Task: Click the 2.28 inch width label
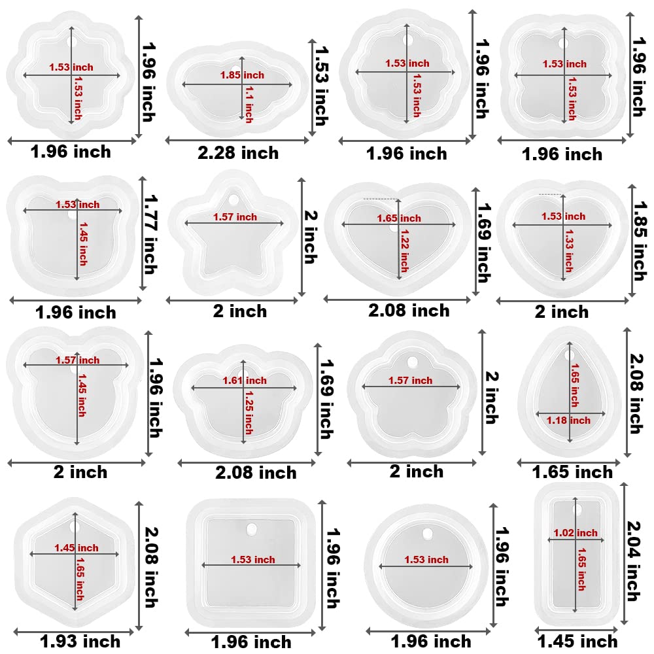(x=238, y=154)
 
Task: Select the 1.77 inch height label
(x=150, y=233)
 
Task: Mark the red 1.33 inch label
(x=568, y=251)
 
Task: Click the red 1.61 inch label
(x=245, y=381)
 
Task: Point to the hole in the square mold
(x=252, y=528)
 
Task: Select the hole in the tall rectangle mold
(x=577, y=509)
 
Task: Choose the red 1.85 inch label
(x=242, y=75)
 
